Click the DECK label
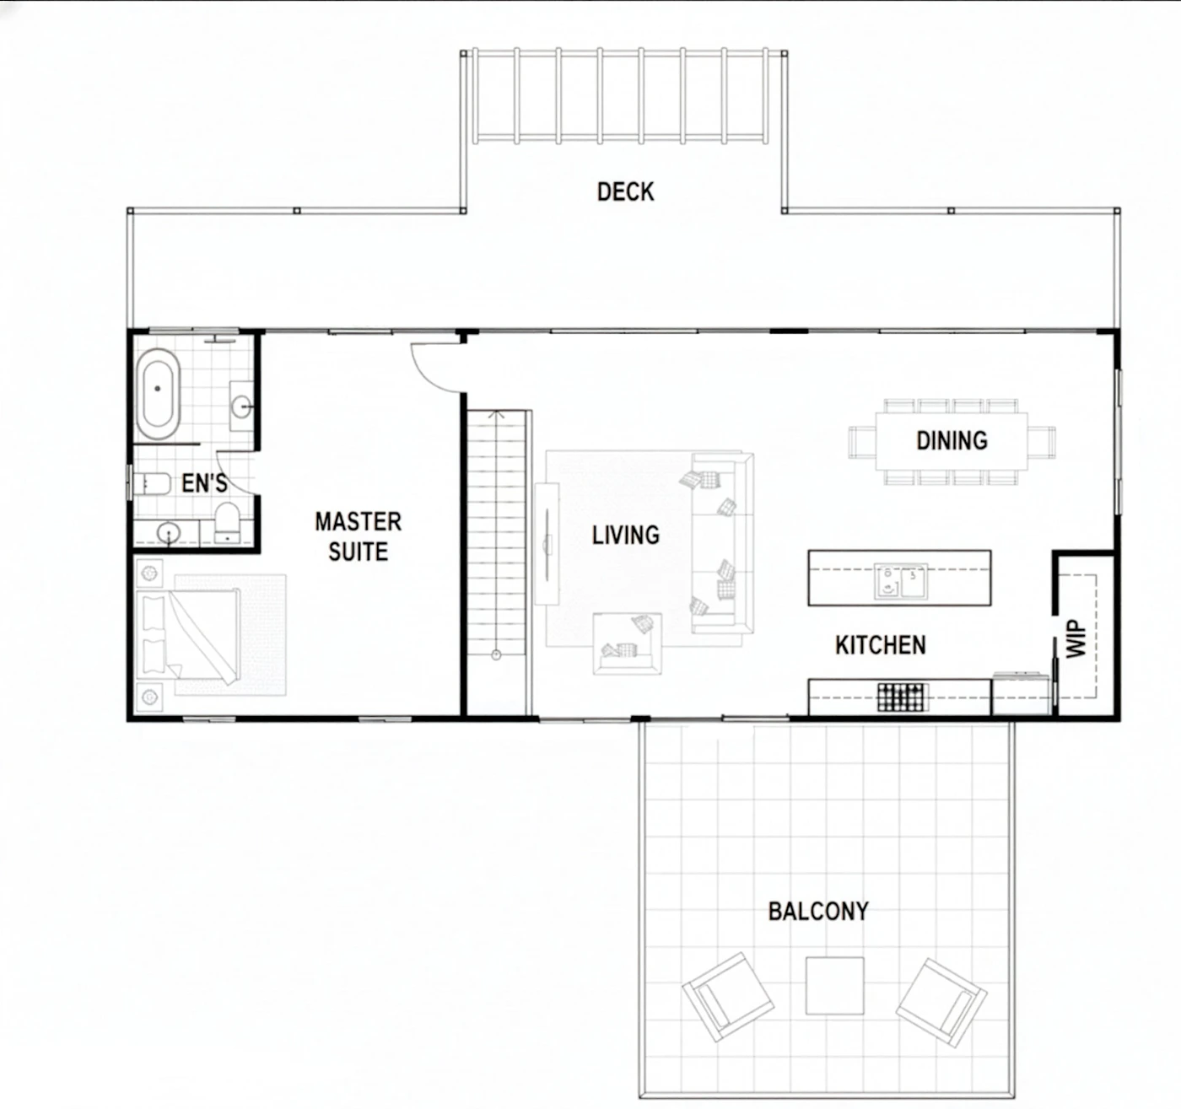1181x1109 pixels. (626, 192)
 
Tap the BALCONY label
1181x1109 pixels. (818, 911)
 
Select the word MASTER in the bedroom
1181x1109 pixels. (358, 522)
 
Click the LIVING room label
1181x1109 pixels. (626, 536)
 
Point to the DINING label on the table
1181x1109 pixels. (952, 440)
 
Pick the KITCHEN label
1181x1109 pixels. (881, 645)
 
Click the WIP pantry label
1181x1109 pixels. (1076, 638)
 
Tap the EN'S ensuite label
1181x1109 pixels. (204, 483)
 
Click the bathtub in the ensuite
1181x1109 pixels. (159, 394)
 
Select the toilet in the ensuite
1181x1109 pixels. (227, 521)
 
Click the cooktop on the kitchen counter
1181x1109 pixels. (902, 697)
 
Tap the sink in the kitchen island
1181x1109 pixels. (901, 581)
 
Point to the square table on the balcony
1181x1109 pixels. (834, 985)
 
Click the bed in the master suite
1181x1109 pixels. (189, 634)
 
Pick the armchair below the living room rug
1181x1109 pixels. (628, 643)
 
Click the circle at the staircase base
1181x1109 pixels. (496, 654)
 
